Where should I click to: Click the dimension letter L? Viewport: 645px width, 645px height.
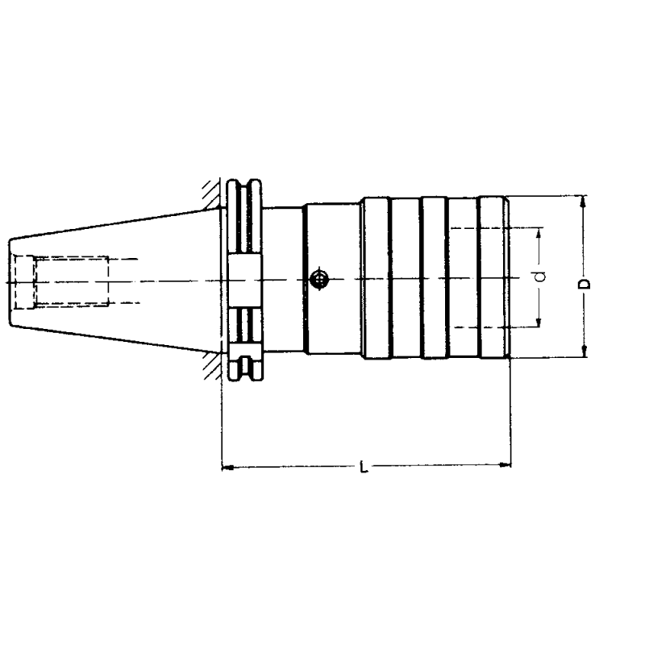364,467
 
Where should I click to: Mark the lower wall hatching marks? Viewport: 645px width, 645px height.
212,366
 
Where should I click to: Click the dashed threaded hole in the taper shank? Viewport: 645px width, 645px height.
61,281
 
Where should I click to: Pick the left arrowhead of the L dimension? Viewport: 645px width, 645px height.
227,466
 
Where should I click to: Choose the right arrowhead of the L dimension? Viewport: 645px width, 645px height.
506,465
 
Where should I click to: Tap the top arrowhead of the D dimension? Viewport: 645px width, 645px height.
585,201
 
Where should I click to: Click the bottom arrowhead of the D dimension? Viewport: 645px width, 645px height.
585,352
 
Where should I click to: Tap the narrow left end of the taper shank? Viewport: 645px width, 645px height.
11,281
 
